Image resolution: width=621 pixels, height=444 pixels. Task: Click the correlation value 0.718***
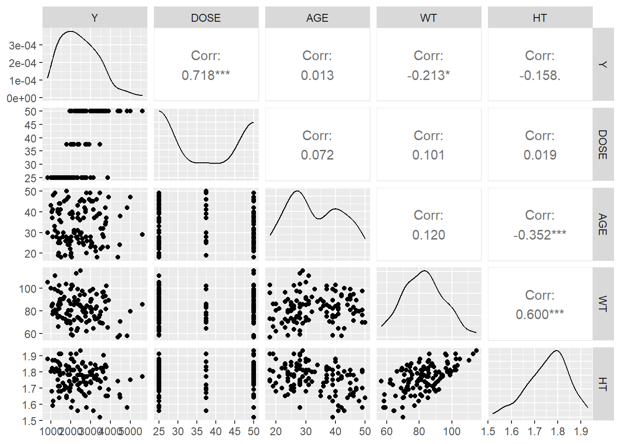[x=206, y=75]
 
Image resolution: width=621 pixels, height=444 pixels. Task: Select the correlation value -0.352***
[x=540, y=235]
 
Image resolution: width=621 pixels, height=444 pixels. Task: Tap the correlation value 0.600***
[x=540, y=314]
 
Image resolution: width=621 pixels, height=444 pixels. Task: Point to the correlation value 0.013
[x=317, y=75]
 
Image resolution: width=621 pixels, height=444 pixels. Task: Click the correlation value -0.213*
[x=428, y=75]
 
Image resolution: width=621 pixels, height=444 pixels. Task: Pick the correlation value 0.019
[x=540, y=155]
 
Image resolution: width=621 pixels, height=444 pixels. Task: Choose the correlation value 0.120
[x=428, y=235]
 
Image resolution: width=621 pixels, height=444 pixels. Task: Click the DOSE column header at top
[x=206, y=18]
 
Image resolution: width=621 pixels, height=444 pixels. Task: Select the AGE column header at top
[x=317, y=18]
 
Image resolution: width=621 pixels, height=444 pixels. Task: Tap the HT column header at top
[x=540, y=18]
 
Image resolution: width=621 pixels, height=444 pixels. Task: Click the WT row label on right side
[x=602, y=304]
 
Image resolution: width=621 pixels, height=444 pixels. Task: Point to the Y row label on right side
[x=602, y=64]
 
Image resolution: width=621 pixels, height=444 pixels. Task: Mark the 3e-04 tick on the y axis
[x=23, y=45]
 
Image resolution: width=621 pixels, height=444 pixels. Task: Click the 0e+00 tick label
[x=22, y=98]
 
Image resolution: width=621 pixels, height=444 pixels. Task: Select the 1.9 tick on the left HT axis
[x=29, y=356]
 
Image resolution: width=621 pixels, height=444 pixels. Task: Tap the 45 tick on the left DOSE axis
[x=30, y=125]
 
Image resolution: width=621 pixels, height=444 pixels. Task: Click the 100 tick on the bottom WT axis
[x=451, y=432]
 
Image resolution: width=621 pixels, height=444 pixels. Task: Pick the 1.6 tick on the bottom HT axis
[x=511, y=432]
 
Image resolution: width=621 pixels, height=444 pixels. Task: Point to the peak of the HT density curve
[x=557, y=351]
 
